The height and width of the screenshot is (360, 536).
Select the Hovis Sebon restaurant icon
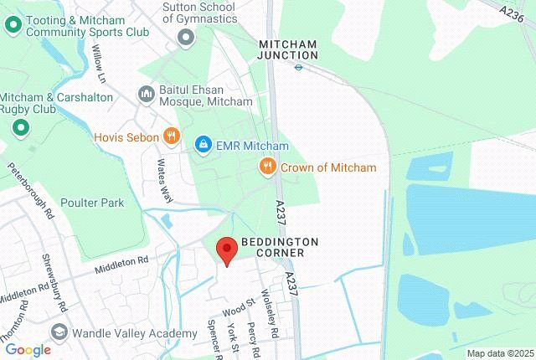(x=171, y=136)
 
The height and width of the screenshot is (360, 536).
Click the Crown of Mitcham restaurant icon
(x=267, y=167)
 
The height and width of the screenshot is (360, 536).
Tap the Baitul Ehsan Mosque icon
(x=145, y=93)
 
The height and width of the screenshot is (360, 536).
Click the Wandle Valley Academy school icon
(x=59, y=332)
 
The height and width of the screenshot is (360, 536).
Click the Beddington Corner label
(x=280, y=247)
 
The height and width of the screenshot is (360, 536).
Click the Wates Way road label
(x=165, y=182)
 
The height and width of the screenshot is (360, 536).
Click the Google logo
(x=28, y=350)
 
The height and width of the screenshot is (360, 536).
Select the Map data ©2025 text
(x=499, y=353)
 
